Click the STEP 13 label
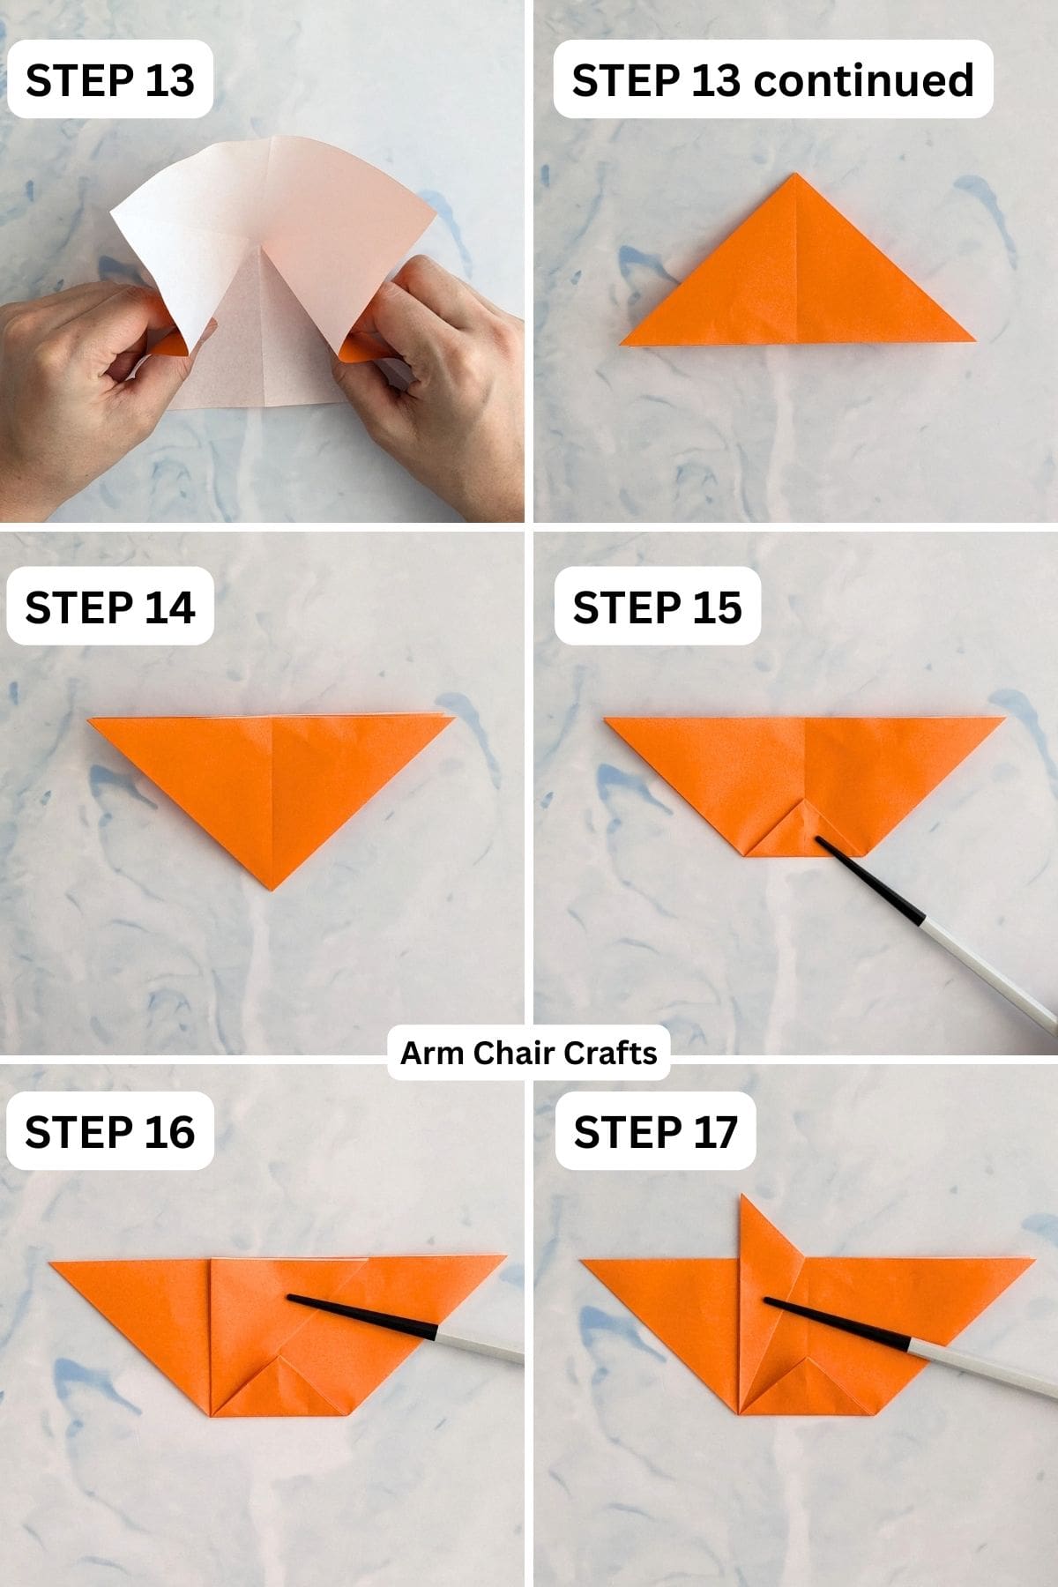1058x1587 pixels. click(x=109, y=80)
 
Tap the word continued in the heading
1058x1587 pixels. click(x=864, y=80)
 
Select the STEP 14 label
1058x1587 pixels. click(x=109, y=607)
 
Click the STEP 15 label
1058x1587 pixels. click(x=657, y=607)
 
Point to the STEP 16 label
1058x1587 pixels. click(x=109, y=1132)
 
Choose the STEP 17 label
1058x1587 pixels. click(x=655, y=1132)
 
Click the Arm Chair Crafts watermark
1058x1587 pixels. click(x=529, y=1053)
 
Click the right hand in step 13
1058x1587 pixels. click(x=450, y=370)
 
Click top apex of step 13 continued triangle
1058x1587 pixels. click(x=796, y=175)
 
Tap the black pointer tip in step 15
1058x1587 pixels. click(x=819, y=840)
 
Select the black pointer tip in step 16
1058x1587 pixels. click(x=292, y=1298)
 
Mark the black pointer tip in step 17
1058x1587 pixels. click(x=767, y=1300)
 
